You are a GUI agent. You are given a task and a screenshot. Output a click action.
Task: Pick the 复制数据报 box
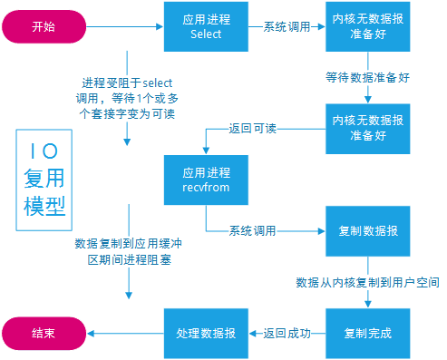pyautogui.click(x=367, y=230)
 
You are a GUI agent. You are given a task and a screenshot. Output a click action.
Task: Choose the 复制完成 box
pyautogui.click(x=367, y=333)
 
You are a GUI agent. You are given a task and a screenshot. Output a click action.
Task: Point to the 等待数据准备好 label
pyautogui.click(x=368, y=78)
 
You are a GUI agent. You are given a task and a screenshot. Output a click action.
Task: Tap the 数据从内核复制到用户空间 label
pyautogui.click(x=367, y=283)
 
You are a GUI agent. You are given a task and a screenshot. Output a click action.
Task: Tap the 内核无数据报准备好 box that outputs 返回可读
pyautogui.click(x=367, y=129)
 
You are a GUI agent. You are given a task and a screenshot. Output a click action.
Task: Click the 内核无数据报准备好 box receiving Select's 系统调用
pyautogui.click(x=367, y=26)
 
